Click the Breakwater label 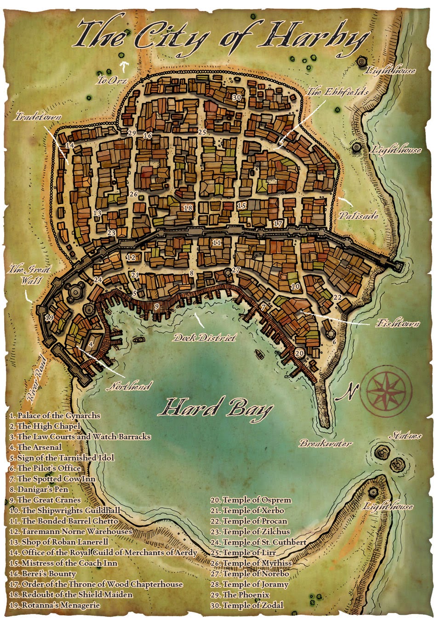click(326, 443)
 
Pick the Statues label click(405, 435)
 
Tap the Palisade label click(358, 216)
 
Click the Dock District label click(205, 338)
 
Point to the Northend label click(129, 386)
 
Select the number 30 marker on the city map click(236, 97)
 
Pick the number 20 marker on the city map click(299, 353)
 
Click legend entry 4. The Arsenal click(36, 447)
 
